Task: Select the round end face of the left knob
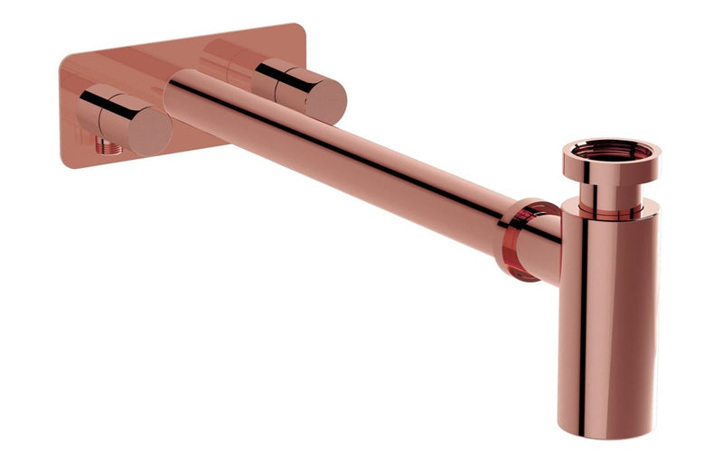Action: point(149,130)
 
